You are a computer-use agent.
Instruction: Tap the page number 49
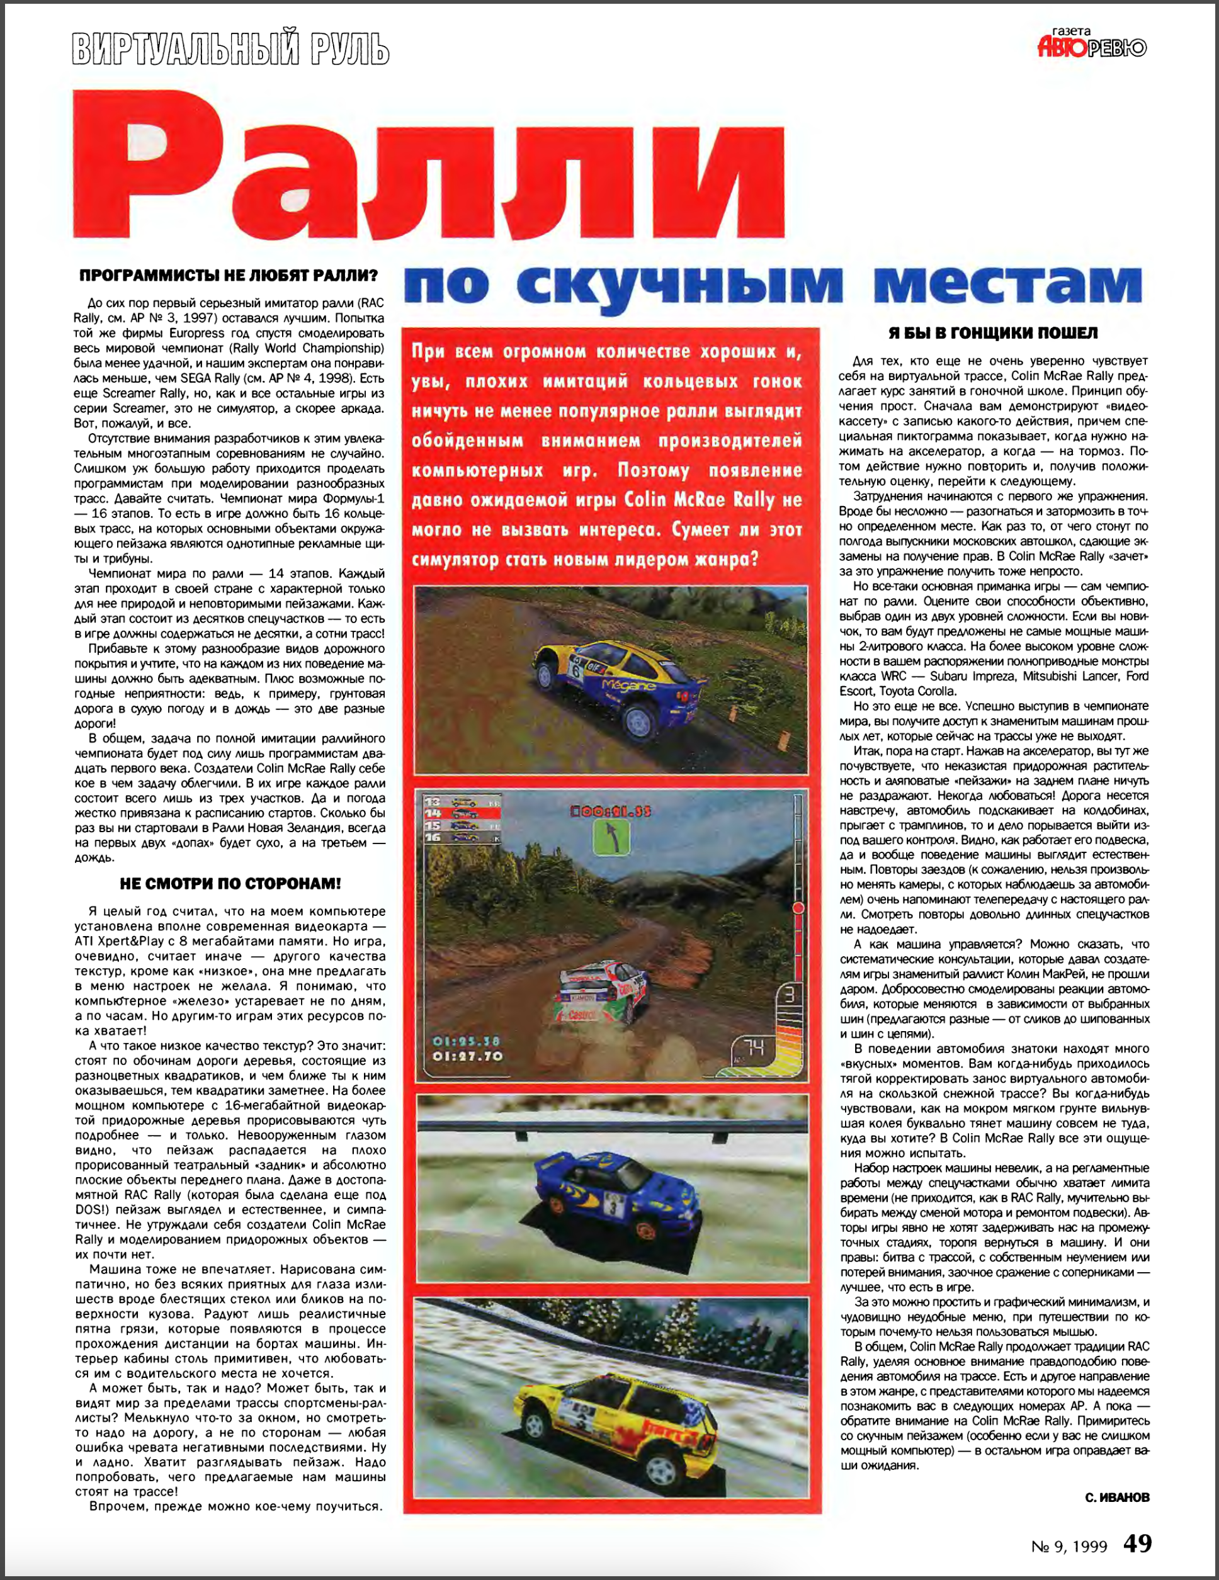[1137, 1543]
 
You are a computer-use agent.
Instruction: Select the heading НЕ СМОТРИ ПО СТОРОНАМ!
[229, 883]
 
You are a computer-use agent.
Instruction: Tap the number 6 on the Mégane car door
[577, 669]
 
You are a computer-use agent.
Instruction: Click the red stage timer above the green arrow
[611, 811]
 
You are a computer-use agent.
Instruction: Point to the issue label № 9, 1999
[1069, 1547]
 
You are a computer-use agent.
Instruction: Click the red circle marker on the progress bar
[798, 907]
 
